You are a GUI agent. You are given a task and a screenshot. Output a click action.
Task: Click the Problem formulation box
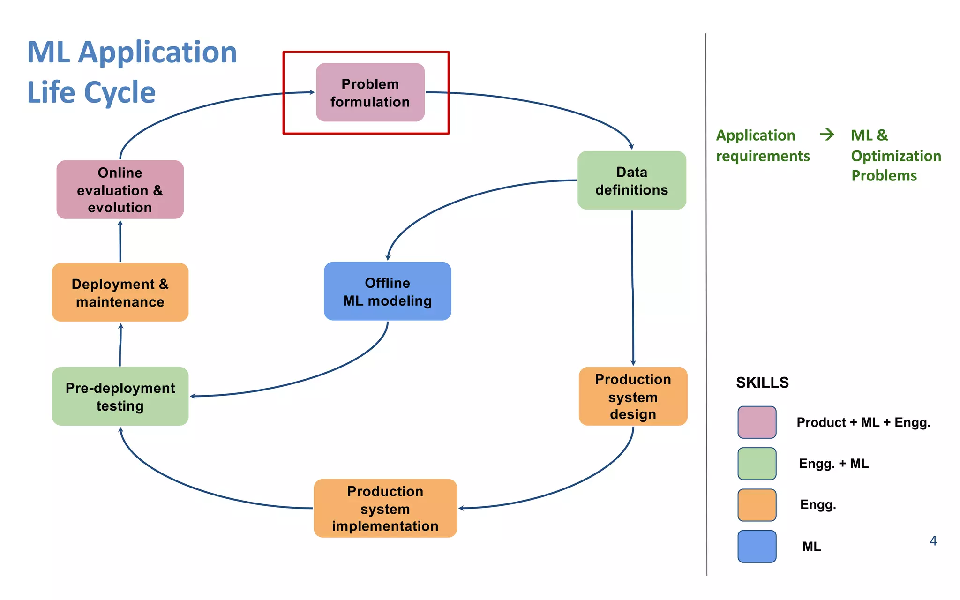pyautogui.click(x=370, y=92)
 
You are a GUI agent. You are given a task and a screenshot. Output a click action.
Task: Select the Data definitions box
pyautogui.click(x=631, y=180)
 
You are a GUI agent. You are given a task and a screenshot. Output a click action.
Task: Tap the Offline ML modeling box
pyautogui.click(x=387, y=291)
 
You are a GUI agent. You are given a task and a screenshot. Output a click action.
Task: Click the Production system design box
pyautogui.click(x=633, y=396)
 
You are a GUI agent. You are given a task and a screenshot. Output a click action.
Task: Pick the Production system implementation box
pyautogui.click(x=385, y=508)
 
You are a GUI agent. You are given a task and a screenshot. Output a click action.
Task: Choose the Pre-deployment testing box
pyautogui.click(x=120, y=396)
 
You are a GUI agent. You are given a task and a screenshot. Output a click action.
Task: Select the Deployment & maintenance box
pyautogui.click(x=120, y=292)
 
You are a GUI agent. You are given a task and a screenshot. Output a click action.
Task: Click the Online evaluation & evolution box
pyautogui.click(x=120, y=189)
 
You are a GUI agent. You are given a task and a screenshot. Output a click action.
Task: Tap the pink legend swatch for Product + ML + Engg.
pyautogui.click(x=757, y=422)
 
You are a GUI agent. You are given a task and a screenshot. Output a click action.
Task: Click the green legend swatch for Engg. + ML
pyautogui.click(x=757, y=464)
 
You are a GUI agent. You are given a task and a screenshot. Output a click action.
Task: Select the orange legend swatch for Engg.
pyautogui.click(x=757, y=505)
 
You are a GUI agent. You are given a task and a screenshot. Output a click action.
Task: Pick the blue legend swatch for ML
pyautogui.click(x=757, y=546)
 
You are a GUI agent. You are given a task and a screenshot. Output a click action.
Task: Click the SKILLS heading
pyautogui.click(x=762, y=382)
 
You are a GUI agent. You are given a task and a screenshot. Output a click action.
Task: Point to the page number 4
pyautogui.click(x=933, y=541)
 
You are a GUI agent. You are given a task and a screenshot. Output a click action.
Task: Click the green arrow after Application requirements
pyautogui.click(x=827, y=135)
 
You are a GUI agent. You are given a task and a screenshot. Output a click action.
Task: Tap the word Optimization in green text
pyautogui.click(x=896, y=156)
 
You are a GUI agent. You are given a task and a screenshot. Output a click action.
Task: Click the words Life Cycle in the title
pyautogui.click(x=91, y=92)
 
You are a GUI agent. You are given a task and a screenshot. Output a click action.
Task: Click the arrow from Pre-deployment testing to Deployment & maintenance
pyautogui.click(x=120, y=345)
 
